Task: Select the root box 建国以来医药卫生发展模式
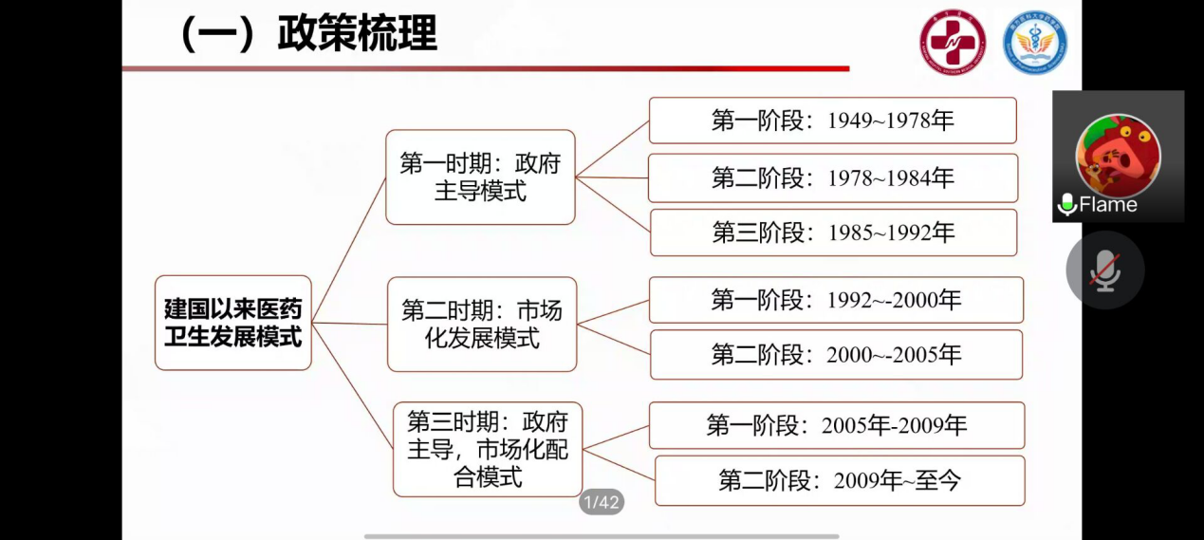[x=233, y=323]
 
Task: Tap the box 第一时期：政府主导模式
[x=480, y=177]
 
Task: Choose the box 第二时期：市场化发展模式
[x=482, y=325]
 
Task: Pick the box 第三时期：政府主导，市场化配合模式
[x=488, y=449]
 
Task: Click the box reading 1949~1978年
[x=833, y=121]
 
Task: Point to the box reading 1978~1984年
[x=833, y=178]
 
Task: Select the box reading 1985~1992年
[x=834, y=233]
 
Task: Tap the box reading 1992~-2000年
[x=836, y=300]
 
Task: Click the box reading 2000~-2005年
[x=837, y=354]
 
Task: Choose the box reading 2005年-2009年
[x=837, y=425]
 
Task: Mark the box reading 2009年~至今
[x=840, y=480]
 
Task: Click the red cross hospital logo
[x=953, y=42]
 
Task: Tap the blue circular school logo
[x=1035, y=42]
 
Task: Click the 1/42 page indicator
[x=602, y=502]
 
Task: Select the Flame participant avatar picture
[x=1118, y=156]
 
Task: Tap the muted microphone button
[x=1105, y=270]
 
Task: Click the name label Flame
[x=1108, y=205]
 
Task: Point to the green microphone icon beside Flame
[x=1067, y=205]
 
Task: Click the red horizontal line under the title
[x=486, y=68]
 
